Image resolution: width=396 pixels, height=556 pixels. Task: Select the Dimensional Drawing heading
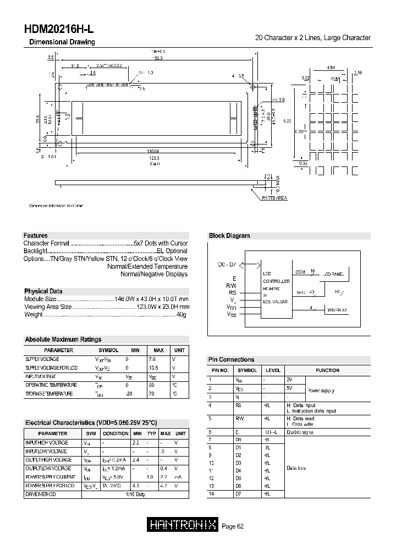[x=62, y=42]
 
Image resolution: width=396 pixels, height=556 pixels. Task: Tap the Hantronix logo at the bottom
[x=183, y=525]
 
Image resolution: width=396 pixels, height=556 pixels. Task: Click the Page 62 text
[x=233, y=526]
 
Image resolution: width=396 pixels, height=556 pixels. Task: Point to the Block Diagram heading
[x=229, y=236]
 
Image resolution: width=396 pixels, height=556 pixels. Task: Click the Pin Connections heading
[x=231, y=359]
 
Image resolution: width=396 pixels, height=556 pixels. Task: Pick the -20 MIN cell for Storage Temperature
[x=129, y=394]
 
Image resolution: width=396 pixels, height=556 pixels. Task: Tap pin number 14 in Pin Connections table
[x=211, y=494]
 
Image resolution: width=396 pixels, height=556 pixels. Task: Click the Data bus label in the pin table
[x=296, y=468]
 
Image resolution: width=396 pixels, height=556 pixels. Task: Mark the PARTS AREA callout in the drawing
[x=275, y=197]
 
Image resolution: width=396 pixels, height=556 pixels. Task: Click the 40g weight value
[x=182, y=315]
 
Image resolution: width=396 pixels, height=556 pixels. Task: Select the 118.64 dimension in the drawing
[x=153, y=151]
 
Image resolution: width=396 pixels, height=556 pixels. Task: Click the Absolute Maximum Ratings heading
[x=63, y=340]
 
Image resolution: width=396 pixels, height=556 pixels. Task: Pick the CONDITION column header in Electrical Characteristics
[x=116, y=433]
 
